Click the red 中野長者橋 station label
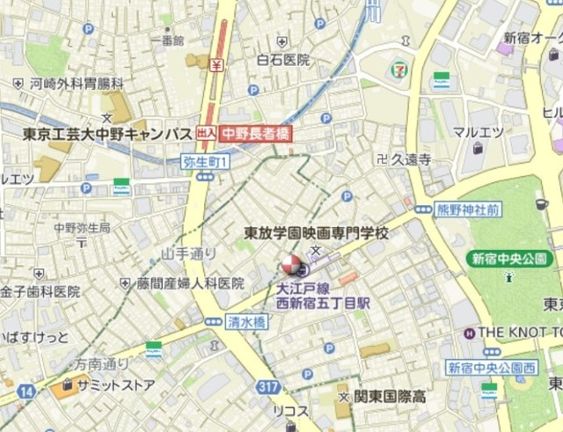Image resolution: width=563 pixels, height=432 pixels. pyautogui.click(x=255, y=135)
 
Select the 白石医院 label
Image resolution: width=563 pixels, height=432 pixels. pyautogui.click(x=282, y=60)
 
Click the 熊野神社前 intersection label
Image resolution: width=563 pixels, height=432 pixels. pyautogui.click(x=469, y=209)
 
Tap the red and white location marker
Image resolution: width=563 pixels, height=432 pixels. pyautogui.click(x=289, y=265)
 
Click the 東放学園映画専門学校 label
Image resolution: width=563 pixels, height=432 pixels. pyautogui.click(x=316, y=232)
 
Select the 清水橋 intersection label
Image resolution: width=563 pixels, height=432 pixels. pyautogui.click(x=245, y=322)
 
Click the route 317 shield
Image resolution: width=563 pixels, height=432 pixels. pyautogui.click(x=269, y=387)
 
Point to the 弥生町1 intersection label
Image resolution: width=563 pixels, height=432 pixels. pyautogui.click(x=205, y=161)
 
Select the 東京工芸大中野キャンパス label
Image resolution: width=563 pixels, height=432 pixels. pyautogui.click(x=107, y=135)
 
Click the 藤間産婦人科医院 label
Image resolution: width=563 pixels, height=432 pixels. pyautogui.click(x=189, y=283)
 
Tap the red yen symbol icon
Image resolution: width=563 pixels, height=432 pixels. pyautogui.click(x=216, y=63)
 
